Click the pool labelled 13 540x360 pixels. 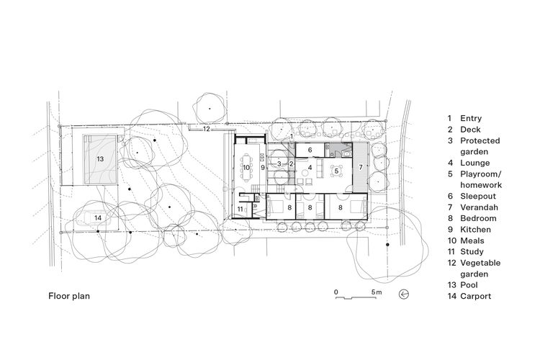[x=101, y=158]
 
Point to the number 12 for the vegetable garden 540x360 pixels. [x=205, y=130]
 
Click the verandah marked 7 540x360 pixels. [x=361, y=166]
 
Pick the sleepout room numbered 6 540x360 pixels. [x=309, y=150]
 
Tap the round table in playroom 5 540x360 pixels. [x=336, y=171]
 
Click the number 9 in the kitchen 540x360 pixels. [x=264, y=167]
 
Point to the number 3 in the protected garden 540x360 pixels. [x=278, y=164]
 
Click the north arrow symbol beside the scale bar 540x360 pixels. [x=404, y=293]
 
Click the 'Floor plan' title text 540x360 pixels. [x=70, y=295]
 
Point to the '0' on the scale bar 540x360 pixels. [x=336, y=292]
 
